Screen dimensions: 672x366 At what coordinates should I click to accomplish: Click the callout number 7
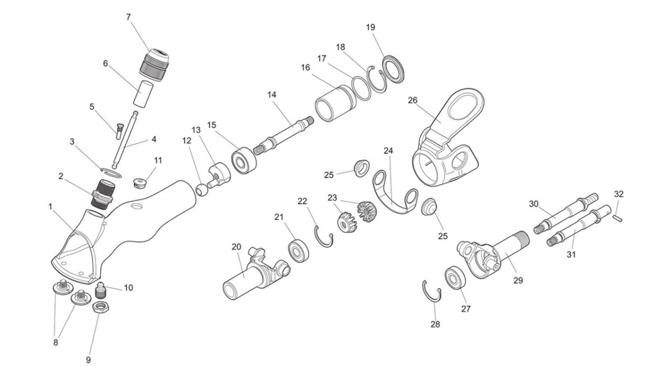(x=128, y=17)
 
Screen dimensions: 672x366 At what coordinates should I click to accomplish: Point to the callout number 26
(x=413, y=100)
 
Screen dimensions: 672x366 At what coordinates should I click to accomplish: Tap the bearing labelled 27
(x=455, y=278)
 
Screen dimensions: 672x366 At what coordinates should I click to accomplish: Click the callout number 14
(x=272, y=95)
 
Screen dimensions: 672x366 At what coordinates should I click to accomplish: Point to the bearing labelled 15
(x=244, y=160)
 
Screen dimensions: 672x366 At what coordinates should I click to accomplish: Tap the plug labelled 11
(x=140, y=183)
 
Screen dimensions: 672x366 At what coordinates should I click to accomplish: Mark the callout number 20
(x=236, y=247)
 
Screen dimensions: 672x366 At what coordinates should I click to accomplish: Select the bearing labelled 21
(x=298, y=251)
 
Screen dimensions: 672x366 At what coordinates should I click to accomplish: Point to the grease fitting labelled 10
(x=101, y=290)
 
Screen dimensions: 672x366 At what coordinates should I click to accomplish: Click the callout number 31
(x=571, y=254)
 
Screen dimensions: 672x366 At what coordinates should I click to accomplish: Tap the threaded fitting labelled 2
(x=102, y=194)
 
